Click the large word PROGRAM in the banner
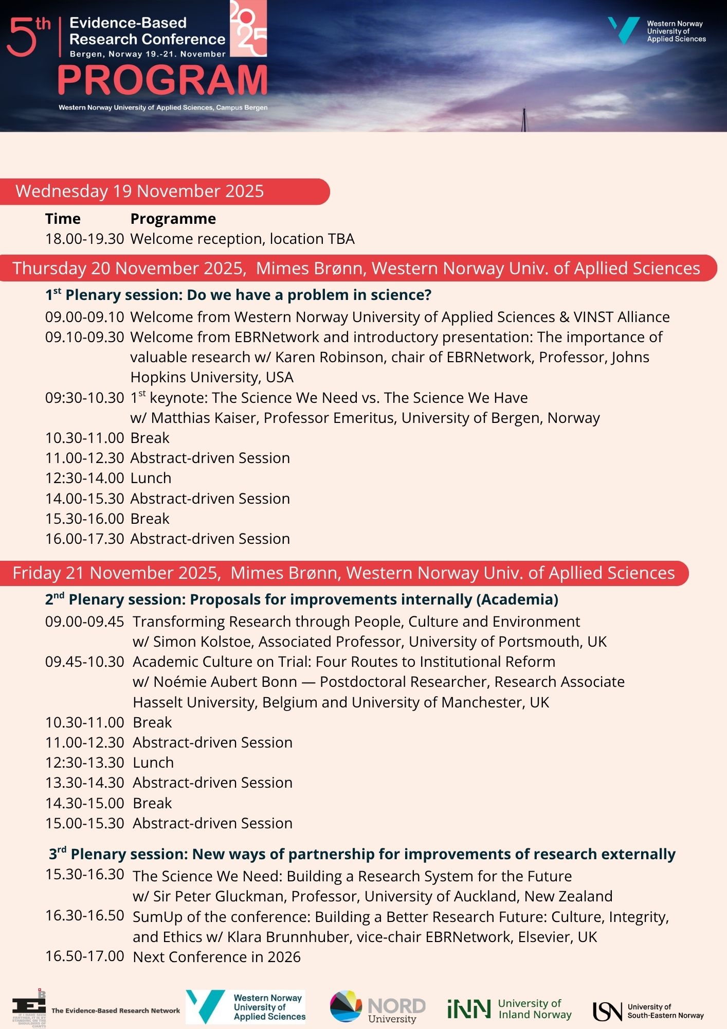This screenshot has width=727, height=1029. click(162, 80)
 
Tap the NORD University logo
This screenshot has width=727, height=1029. click(378, 1007)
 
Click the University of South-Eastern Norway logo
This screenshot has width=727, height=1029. click(648, 1010)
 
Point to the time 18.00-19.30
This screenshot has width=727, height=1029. click(85, 239)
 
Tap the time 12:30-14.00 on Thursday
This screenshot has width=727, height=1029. click(85, 478)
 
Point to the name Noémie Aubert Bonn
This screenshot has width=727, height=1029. click(225, 682)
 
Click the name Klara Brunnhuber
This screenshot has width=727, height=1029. click(289, 937)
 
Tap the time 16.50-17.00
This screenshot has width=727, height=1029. click(85, 956)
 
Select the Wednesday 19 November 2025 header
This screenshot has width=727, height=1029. click(140, 191)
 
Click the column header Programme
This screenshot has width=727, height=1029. click(173, 219)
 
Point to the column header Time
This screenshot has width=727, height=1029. click(63, 219)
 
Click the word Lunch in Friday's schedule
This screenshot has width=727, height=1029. click(153, 762)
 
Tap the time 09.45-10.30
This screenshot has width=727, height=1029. click(85, 662)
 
